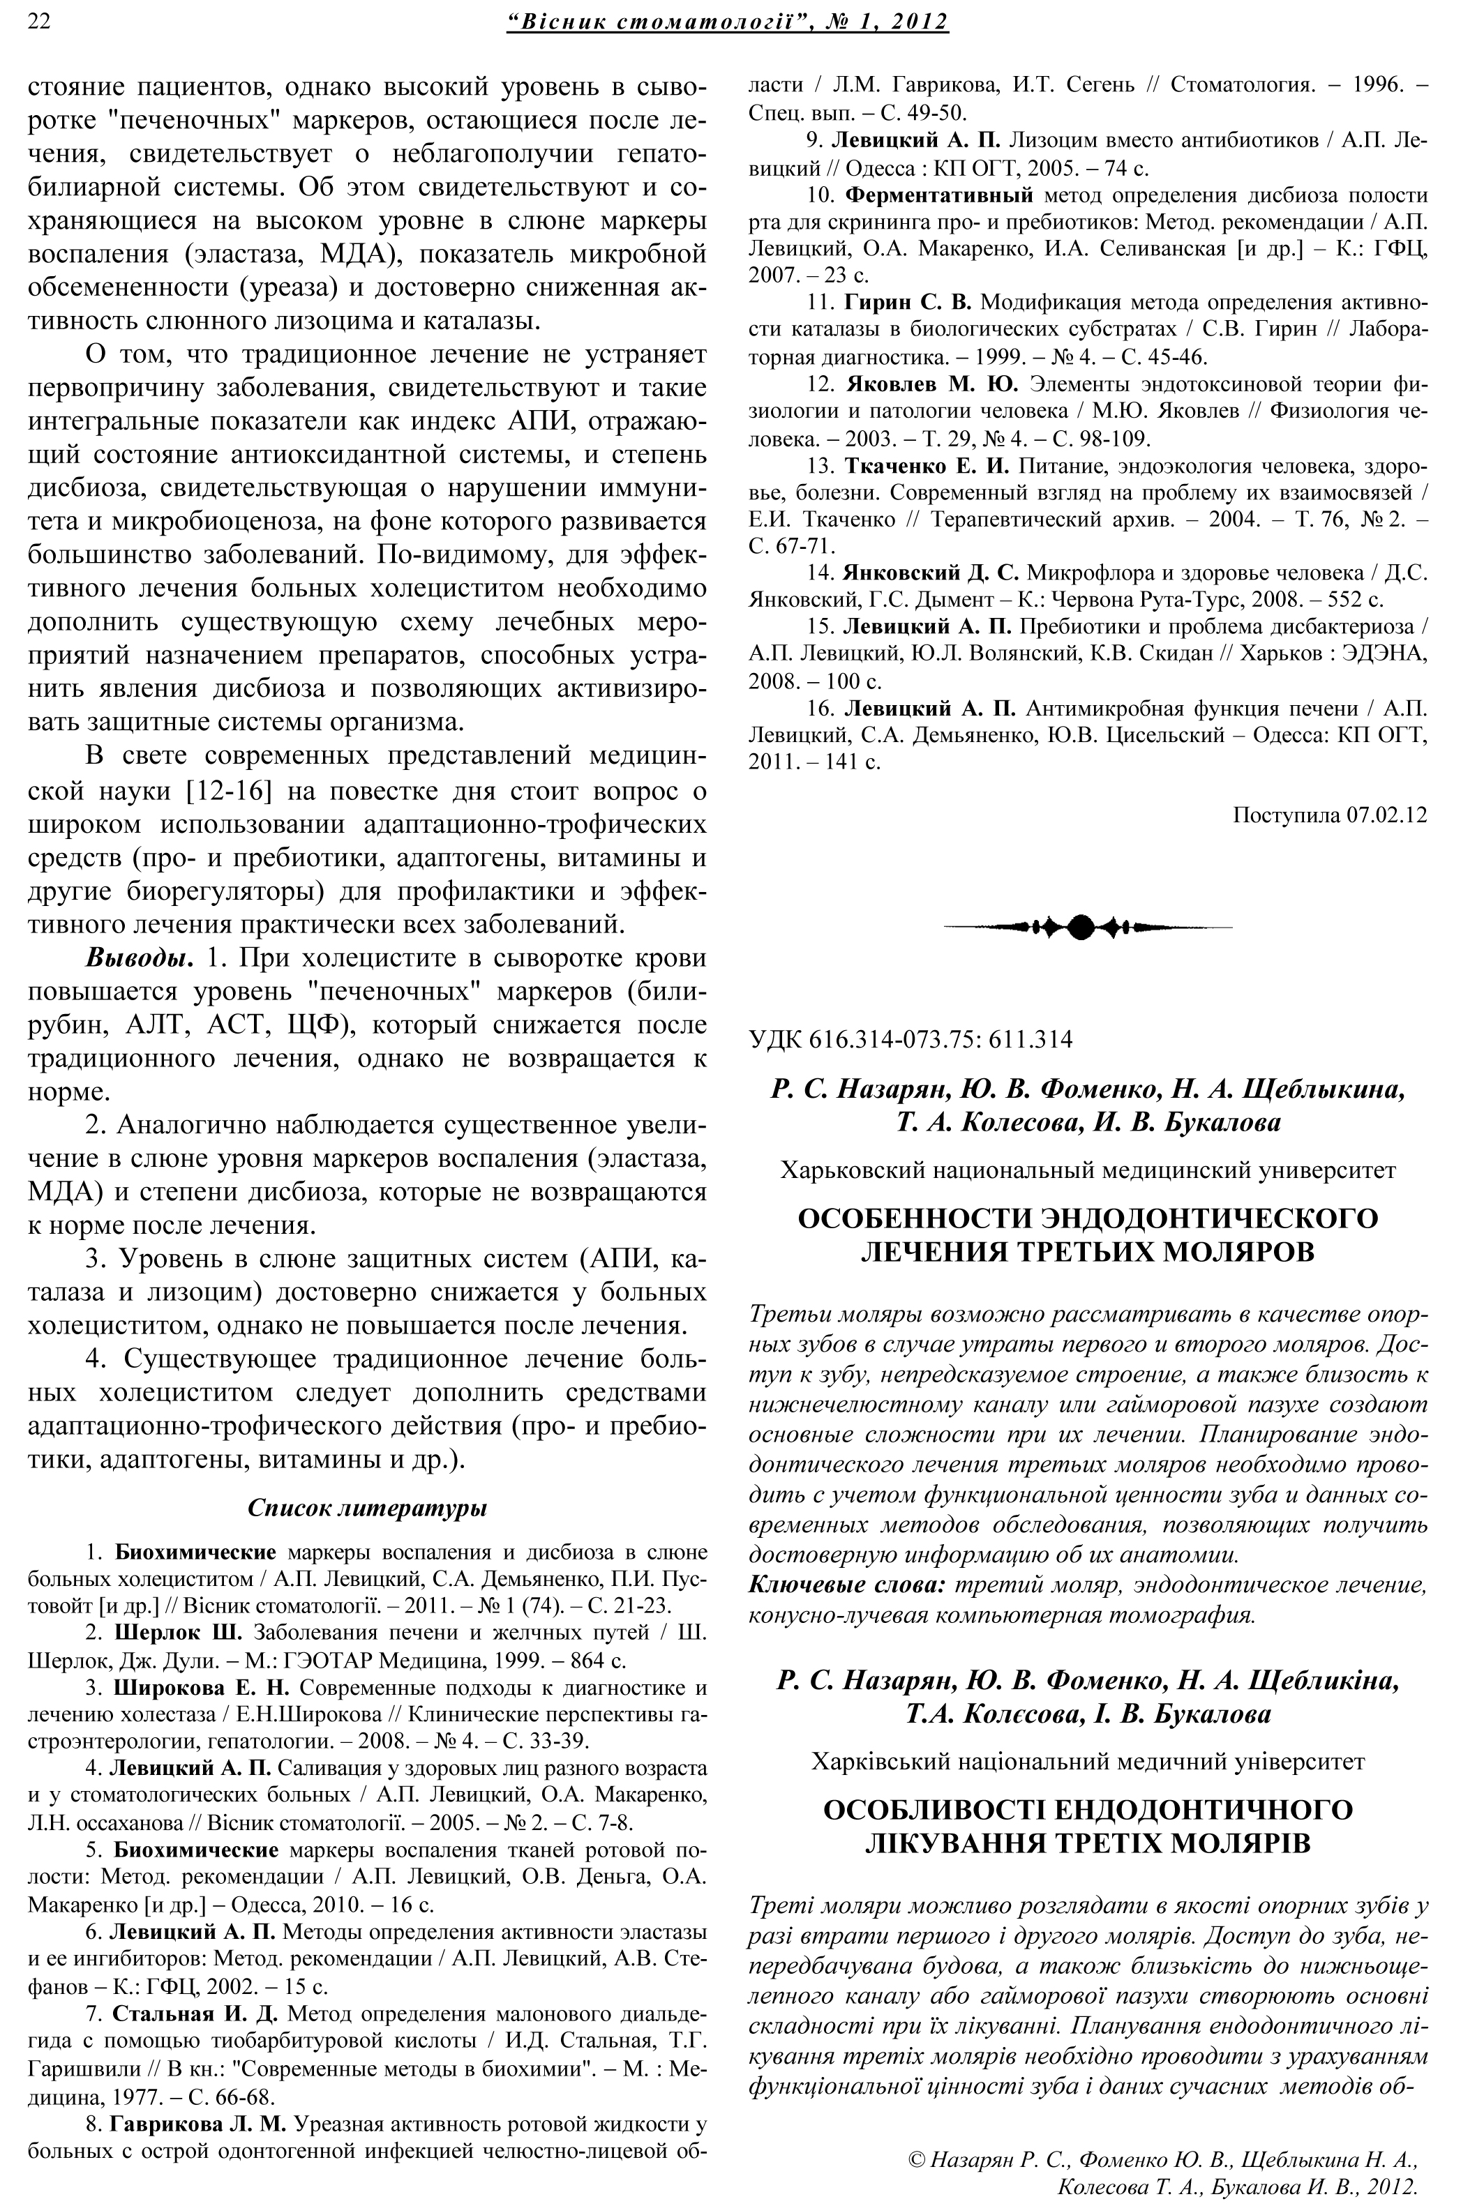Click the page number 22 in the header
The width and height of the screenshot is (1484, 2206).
pos(40,21)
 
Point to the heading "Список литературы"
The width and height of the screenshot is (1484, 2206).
pos(367,1508)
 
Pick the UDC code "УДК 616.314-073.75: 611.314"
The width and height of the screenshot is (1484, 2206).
pos(910,1040)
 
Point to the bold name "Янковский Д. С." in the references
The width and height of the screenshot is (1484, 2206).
pos(930,573)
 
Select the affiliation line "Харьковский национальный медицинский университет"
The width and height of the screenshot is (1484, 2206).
pos(1088,1170)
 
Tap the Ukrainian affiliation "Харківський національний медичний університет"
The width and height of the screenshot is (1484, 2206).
pos(1088,1762)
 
